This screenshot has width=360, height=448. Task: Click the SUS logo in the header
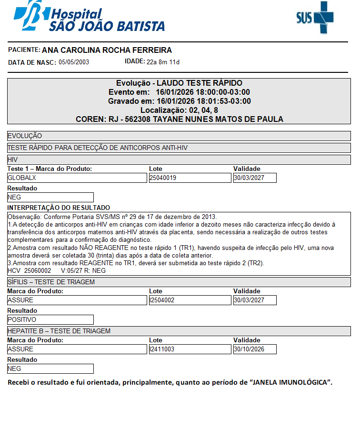pyautogui.click(x=315, y=18)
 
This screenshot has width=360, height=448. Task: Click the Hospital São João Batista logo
pyautogui.click(x=89, y=17)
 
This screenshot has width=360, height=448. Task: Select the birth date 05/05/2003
pyautogui.click(x=74, y=62)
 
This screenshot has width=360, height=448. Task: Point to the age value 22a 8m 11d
pyautogui.click(x=163, y=62)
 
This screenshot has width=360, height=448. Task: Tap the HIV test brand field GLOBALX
pyautogui.click(x=77, y=178)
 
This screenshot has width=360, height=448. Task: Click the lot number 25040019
pyautogui.click(x=190, y=178)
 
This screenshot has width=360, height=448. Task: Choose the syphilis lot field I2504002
pyautogui.click(x=190, y=300)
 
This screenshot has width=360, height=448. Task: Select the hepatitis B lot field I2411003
pyautogui.click(x=190, y=349)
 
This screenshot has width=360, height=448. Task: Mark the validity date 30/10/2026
pyautogui.click(x=254, y=349)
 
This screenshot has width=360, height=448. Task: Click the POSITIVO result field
pyautogui.click(x=50, y=320)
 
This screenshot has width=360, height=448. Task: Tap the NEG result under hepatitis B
pyautogui.click(x=50, y=369)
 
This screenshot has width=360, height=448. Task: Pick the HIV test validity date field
pyautogui.click(x=254, y=178)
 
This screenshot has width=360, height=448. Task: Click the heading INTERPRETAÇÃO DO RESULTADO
pyautogui.click(x=59, y=208)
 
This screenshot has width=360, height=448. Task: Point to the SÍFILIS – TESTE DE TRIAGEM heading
pyautogui.click(x=51, y=282)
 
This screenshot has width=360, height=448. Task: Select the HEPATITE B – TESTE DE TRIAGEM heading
pyautogui.click(x=59, y=331)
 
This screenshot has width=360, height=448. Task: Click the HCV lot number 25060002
pyautogui.click(x=38, y=270)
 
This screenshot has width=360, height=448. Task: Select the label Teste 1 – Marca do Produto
pyautogui.click(x=50, y=169)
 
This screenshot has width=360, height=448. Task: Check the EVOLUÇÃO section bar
pyautogui.click(x=179, y=136)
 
